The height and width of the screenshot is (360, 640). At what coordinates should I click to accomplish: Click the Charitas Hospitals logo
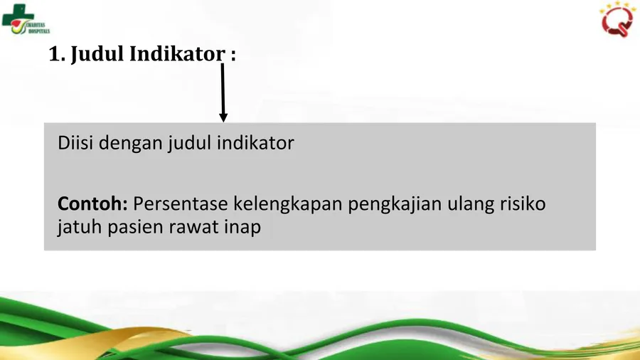point(26,19)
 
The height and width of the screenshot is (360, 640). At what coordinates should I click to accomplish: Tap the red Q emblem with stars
point(617,18)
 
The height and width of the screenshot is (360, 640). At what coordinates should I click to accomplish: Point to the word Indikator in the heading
point(177,54)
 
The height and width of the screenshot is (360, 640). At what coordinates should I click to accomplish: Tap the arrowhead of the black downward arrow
point(223,117)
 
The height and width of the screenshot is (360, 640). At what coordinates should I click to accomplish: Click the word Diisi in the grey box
point(75,143)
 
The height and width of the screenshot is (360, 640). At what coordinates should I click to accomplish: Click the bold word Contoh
point(92,203)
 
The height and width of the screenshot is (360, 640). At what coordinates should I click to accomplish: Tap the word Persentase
point(181,203)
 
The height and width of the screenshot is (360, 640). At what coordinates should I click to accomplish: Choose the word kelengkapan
point(288,204)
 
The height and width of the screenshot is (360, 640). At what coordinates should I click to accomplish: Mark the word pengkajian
point(395,204)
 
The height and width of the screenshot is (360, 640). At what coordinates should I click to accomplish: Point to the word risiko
point(523,203)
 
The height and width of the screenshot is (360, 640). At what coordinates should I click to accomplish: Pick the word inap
point(242,228)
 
